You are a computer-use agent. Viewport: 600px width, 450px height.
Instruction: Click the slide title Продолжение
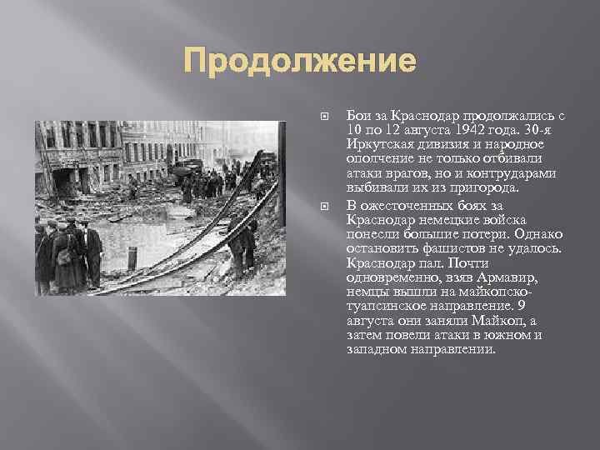[299, 62]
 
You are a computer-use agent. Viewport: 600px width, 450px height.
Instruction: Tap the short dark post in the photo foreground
[131, 259]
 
